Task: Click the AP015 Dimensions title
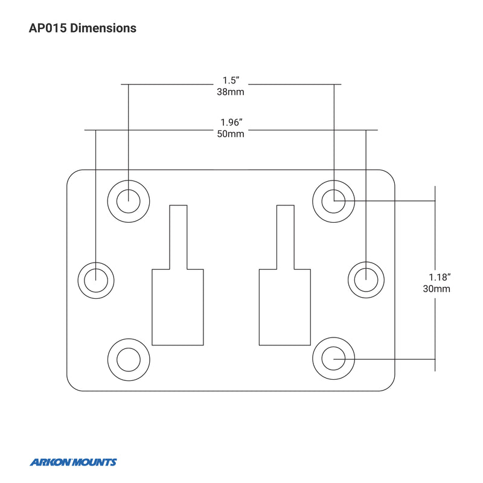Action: click(x=83, y=28)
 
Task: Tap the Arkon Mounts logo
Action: click(x=73, y=462)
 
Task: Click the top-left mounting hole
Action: click(x=128, y=200)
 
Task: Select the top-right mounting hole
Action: click(x=333, y=200)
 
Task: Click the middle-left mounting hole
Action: click(x=97, y=280)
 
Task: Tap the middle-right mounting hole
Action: click(x=366, y=280)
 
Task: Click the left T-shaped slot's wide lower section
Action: click(x=178, y=308)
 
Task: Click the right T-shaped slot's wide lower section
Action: click(x=285, y=308)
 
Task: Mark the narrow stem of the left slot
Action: click(x=178, y=237)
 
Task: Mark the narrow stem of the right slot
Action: click(x=285, y=237)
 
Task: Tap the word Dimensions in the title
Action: click(x=103, y=28)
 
